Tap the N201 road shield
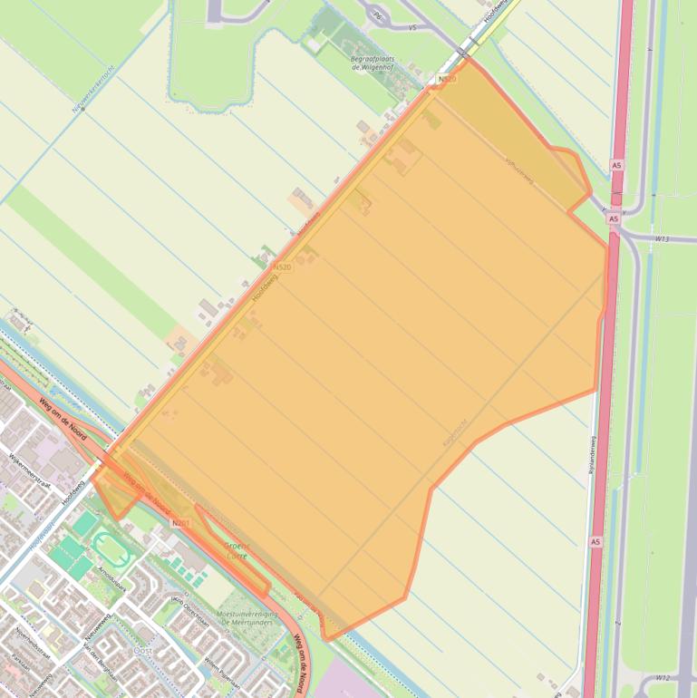point(181,523)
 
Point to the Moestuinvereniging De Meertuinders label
point(247,619)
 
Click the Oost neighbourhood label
point(142,650)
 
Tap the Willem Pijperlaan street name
point(220,671)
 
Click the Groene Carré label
point(237,550)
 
